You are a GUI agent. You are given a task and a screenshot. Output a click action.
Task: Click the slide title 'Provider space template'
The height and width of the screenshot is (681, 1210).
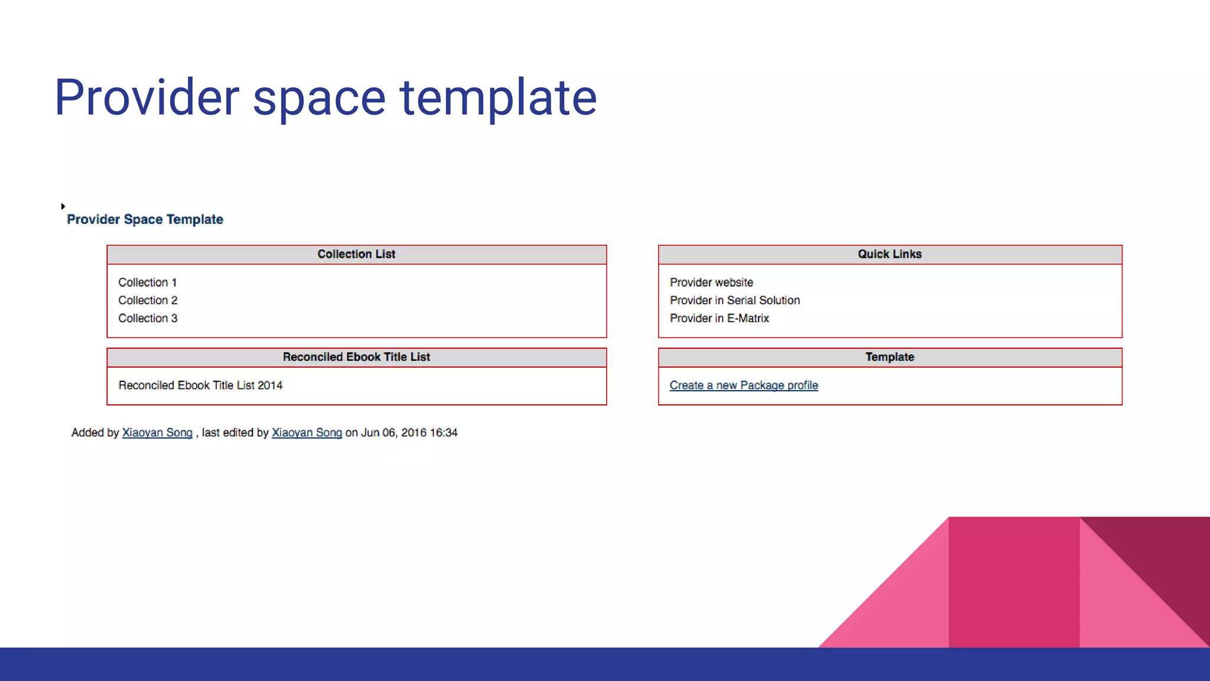(x=326, y=98)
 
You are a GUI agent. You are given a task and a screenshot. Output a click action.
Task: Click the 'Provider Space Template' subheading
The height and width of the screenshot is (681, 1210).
(x=145, y=219)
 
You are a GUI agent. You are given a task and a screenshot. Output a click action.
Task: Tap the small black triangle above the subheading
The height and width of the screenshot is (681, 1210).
(x=63, y=206)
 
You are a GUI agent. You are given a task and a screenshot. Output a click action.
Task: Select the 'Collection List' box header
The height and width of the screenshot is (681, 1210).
(x=356, y=254)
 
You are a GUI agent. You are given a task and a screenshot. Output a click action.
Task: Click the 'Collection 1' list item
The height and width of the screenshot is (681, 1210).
(x=148, y=283)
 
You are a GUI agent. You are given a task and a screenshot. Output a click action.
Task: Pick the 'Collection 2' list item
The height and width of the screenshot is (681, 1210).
(x=148, y=300)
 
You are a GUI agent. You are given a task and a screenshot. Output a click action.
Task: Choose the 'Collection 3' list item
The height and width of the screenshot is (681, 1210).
(x=148, y=318)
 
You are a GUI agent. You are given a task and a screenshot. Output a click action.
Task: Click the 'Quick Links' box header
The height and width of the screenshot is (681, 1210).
(x=889, y=254)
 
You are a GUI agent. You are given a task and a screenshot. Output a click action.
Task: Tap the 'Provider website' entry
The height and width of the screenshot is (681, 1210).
(x=711, y=283)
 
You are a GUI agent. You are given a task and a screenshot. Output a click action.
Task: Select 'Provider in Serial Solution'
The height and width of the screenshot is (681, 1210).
(x=734, y=300)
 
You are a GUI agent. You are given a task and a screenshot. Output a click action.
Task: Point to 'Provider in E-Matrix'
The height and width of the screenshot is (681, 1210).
(x=719, y=318)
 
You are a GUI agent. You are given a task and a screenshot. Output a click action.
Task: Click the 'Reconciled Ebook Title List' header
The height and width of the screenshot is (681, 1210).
(x=356, y=357)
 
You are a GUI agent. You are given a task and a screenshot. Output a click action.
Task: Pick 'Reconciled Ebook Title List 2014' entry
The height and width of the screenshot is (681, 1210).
(x=200, y=385)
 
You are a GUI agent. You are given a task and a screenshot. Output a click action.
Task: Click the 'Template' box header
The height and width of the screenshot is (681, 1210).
(x=889, y=357)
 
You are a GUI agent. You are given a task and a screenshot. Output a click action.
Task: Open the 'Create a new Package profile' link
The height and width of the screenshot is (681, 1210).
(x=744, y=385)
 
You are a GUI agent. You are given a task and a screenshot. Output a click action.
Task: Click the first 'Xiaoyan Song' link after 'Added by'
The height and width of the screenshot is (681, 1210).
(x=157, y=433)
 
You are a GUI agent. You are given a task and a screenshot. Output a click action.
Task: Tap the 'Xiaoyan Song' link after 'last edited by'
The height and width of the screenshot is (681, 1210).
(x=307, y=433)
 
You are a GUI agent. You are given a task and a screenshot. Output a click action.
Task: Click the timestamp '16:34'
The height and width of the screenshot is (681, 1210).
(x=444, y=433)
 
